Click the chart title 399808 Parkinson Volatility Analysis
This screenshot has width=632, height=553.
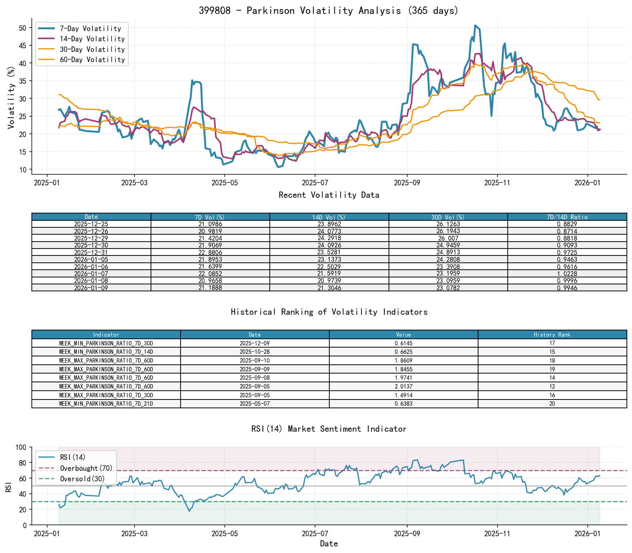click(329, 11)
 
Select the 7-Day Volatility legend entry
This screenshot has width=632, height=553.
click(90, 29)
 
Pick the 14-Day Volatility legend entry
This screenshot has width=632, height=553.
click(92, 39)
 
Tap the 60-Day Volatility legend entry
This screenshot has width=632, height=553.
click(92, 60)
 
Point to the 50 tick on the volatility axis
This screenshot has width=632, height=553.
click(23, 28)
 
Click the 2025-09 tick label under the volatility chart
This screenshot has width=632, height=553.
click(407, 183)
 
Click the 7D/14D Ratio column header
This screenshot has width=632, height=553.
click(567, 217)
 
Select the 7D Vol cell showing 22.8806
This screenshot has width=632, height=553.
click(210, 253)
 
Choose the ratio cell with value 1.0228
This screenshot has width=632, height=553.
click(567, 274)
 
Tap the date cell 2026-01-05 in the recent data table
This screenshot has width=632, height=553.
click(91, 260)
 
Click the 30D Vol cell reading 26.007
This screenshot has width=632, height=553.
click(448, 238)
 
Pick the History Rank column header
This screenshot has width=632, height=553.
click(552, 335)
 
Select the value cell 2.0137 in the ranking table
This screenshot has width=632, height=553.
click(404, 387)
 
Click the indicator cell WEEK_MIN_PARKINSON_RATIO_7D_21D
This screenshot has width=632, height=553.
click(106, 404)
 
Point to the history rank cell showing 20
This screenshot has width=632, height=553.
click(552, 404)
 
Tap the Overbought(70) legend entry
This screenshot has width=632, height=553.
click(86, 468)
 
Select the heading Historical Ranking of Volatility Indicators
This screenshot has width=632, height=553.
click(329, 312)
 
